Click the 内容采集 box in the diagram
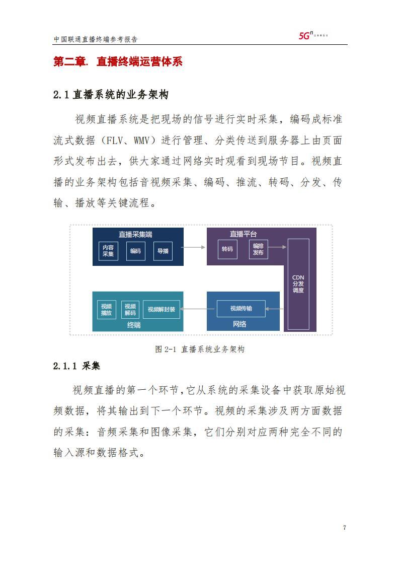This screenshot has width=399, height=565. click(x=108, y=251)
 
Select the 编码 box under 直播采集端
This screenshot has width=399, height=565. click(x=136, y=251)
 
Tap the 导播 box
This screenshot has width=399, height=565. click(x=163, y=251)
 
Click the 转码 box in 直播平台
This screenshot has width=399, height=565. click(x=227, y=249)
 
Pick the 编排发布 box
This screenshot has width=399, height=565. click(x=258, y=249)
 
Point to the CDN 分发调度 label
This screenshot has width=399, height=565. click(x=298, y=284)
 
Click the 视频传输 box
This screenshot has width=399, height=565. click(x=241, y=309)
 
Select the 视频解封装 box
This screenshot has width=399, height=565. click(x=162, y=310)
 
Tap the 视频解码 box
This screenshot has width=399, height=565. click(x=130, y=310)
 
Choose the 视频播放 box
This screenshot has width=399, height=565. click(x=107, y=310)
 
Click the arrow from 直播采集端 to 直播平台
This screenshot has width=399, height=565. click(x=193, y=247)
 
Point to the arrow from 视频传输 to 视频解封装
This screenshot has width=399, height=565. click(x=198, y=309)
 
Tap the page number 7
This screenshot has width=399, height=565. click(x=345, y=528)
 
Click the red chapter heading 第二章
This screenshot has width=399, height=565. click(x=70, y=61)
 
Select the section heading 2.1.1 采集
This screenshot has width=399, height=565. click(x=76, y=366)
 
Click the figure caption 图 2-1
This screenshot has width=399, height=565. click(x=166, y=349)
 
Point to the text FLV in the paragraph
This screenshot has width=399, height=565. click(x=115, y=140)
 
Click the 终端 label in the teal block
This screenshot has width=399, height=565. click(x=134, y=325)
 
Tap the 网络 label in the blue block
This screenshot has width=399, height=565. click(x=240, y=324)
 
